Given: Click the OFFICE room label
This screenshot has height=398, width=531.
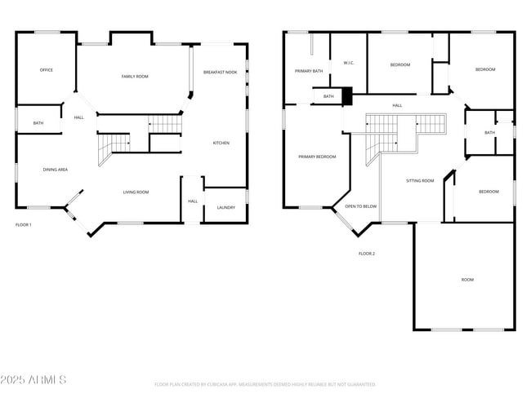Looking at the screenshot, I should (x=47, y=70).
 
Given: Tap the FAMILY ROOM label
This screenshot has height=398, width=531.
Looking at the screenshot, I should (x=135, y=77).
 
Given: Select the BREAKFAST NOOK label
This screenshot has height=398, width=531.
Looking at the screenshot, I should (x=220, y=73).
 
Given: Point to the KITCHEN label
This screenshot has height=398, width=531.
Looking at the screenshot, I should (x=221, y=143).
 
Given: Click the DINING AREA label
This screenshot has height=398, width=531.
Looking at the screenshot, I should (x=56, y=170).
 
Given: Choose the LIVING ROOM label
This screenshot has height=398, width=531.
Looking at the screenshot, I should (x=136, y=192).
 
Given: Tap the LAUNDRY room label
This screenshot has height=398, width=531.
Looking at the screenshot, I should (x=226, y=208).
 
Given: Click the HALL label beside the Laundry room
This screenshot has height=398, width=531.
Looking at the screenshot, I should (x=193, y=201).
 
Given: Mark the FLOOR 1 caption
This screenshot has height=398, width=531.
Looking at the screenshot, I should (x=24, y=224).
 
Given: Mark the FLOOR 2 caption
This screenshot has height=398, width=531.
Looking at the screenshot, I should (x=367, y=254).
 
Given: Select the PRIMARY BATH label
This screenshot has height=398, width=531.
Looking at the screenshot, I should (x=309, y=71).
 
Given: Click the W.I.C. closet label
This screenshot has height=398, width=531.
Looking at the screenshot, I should (x=348, y=63).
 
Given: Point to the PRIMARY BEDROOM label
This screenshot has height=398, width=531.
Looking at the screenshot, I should (x=317, y=157).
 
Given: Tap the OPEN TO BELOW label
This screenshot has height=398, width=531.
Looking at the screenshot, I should (x=361, y=206).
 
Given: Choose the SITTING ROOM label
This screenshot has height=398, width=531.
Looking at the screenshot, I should (x=420, y=180).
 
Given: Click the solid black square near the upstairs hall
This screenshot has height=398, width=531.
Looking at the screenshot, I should (x=346, y=96).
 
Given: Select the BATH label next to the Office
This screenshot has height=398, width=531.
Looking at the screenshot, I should (x=38, y=123).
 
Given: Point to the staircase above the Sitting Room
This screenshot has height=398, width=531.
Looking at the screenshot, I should (x=406, y=126).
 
